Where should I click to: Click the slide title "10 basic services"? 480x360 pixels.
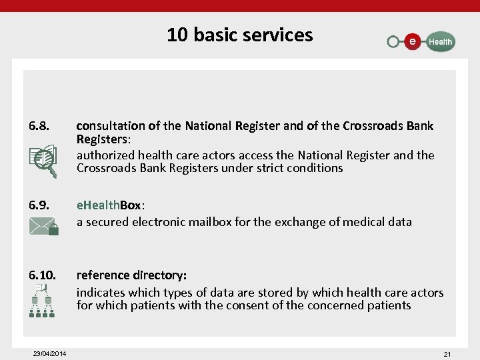click(239, 35)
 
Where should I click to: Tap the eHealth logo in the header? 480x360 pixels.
click(421, 41)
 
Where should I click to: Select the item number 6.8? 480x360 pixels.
click(39, 126)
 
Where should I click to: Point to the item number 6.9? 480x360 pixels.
click(39, 205)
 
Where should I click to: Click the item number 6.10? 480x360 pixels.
click(42, 275)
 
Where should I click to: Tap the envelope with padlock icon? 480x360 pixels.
click(44, 227)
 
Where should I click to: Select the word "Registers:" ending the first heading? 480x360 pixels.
click(103, 139)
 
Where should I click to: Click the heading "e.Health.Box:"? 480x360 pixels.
click(109, 205)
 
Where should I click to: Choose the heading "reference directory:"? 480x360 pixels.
click(131, 275)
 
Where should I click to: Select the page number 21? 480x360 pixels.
click(447, 354)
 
